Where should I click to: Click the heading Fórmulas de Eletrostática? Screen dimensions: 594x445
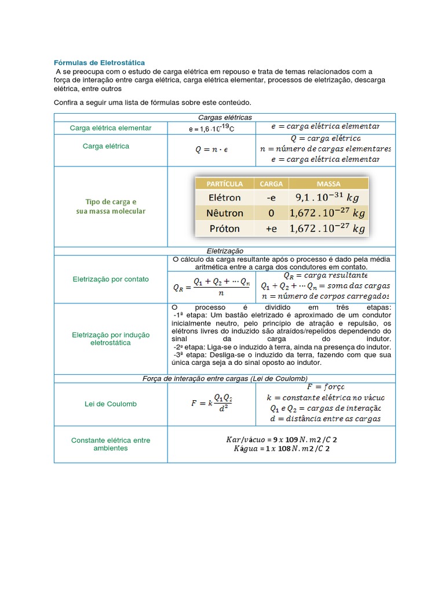coord(100,62)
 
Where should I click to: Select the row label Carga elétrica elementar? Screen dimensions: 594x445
coord(111,128)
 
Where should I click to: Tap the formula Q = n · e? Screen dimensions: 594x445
coord(211,150)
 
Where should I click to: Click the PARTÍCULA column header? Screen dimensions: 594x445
coord(224,184)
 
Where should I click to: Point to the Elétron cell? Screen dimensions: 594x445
coord(224,197)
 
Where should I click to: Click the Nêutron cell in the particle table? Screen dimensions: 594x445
coord(224,213)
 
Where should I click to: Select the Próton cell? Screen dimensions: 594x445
coord(224,229)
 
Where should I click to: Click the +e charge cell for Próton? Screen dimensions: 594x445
coord(271,229)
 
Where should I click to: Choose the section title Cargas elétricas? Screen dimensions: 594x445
coord(224,118)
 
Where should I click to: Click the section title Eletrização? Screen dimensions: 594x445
coord(224,251)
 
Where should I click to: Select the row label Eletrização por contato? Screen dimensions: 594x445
coord(111,279)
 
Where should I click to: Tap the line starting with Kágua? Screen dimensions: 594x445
coord(282,448)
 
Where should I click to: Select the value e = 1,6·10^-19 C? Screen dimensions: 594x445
coord(211,128)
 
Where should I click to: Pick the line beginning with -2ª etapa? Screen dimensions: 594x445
coord(282,346)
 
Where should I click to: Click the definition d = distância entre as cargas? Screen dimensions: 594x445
coord(325,419)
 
